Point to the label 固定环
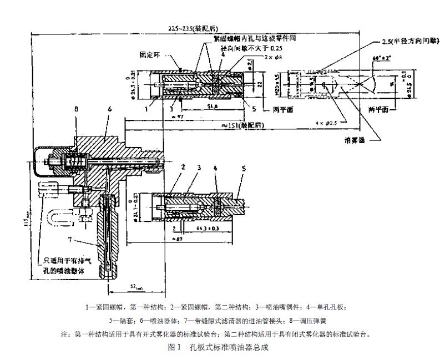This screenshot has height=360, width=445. click(x=149, y=54)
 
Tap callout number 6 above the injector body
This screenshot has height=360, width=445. click(x=109, y=110)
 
